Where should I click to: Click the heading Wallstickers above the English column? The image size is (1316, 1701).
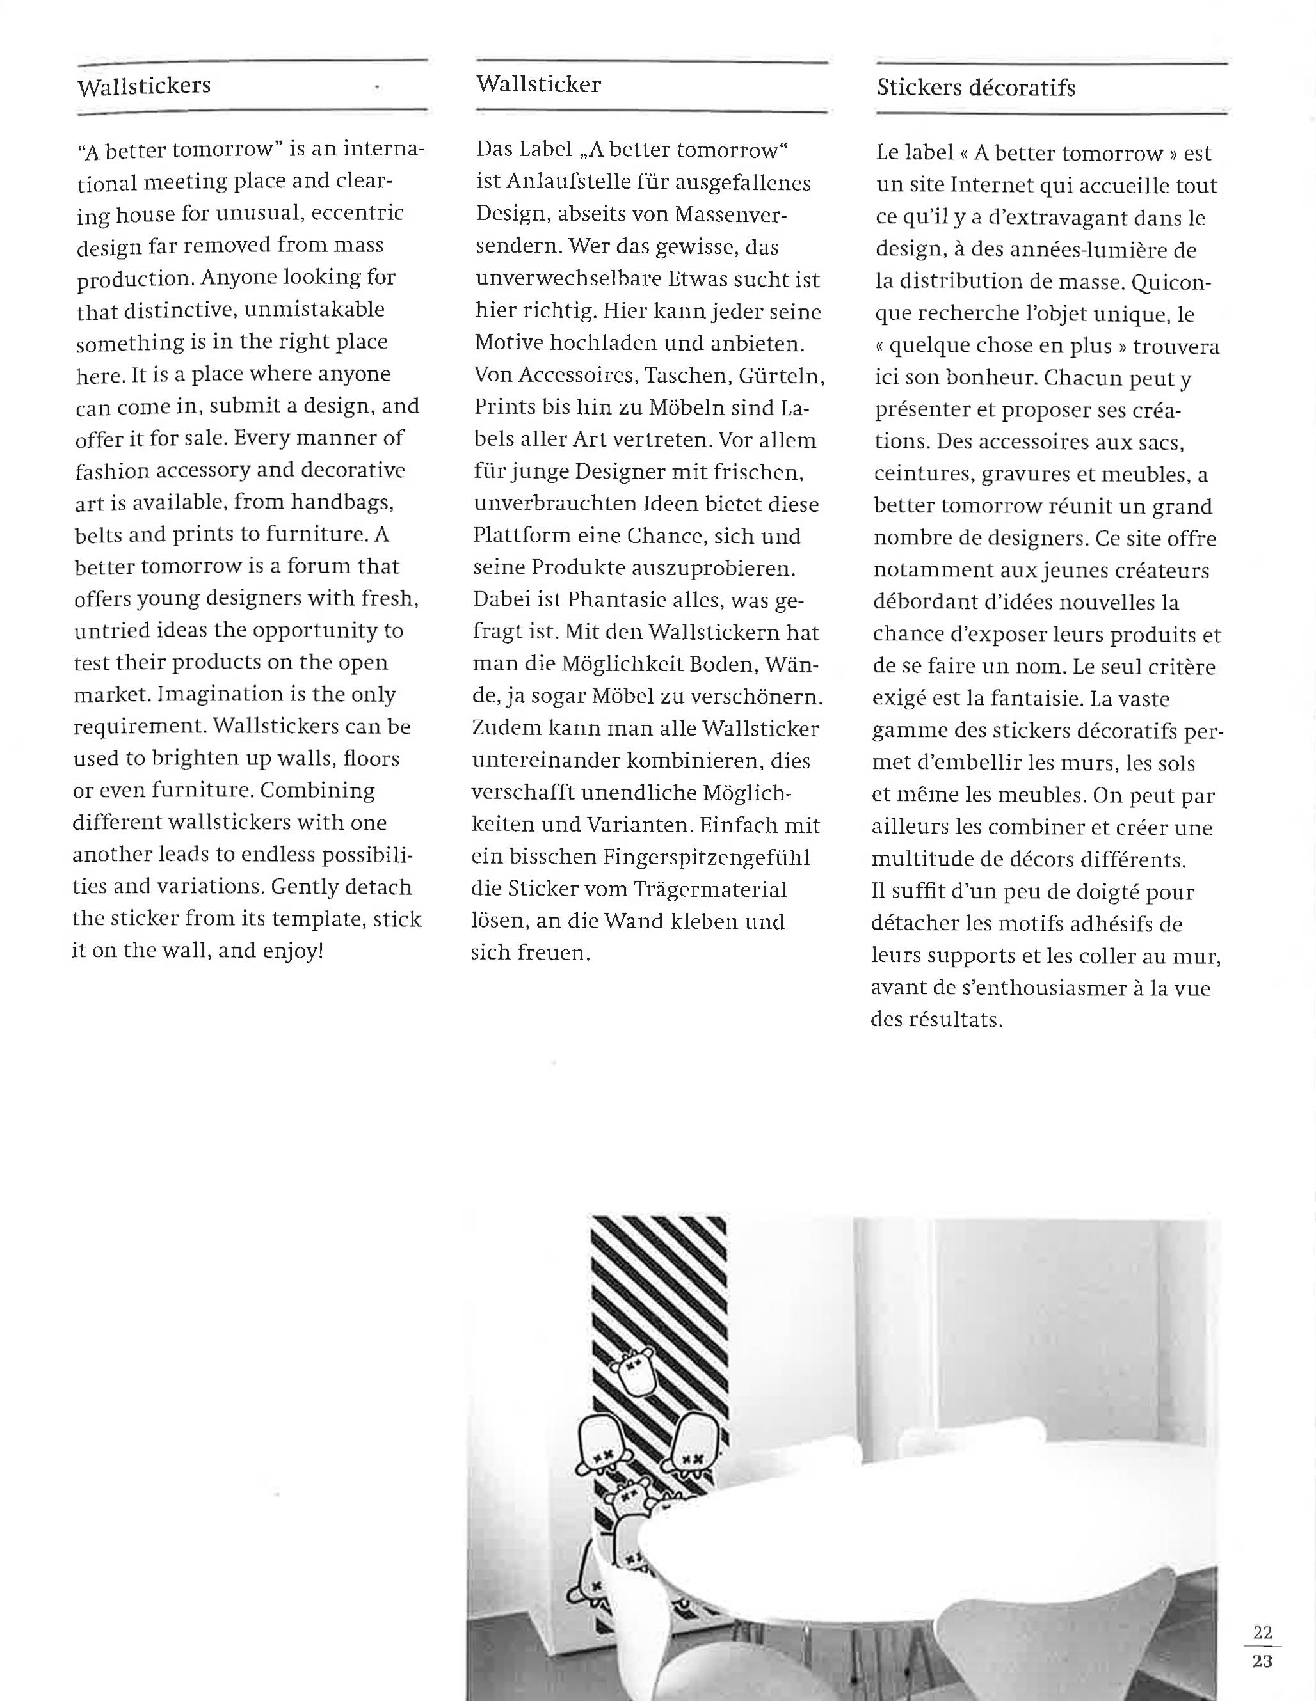coord(144,86)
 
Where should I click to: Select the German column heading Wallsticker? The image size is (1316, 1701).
coord(538,84)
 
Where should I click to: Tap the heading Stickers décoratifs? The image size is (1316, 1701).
coord(975,87)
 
